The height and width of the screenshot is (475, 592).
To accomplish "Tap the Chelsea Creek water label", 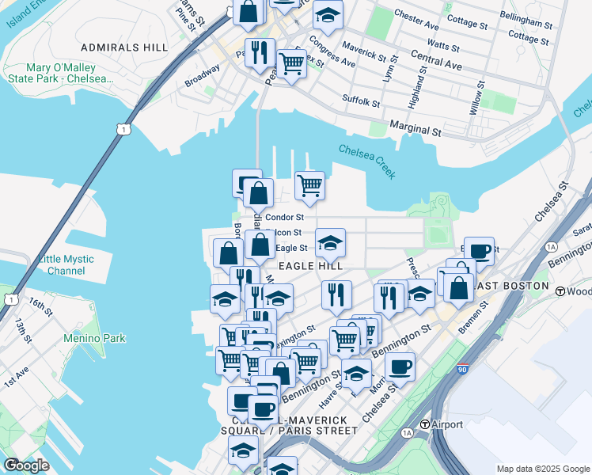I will pos(367,161).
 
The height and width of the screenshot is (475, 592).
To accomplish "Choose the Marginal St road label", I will pos(416,129).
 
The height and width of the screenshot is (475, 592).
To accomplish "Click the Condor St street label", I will pos(285,217).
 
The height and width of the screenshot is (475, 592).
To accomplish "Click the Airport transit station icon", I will pos(425,424).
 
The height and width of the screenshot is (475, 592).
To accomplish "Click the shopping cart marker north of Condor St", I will pos(309,185).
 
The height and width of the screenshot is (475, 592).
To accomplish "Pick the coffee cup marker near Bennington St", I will pos(400,366).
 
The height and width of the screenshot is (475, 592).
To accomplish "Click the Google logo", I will pos(26,465).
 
